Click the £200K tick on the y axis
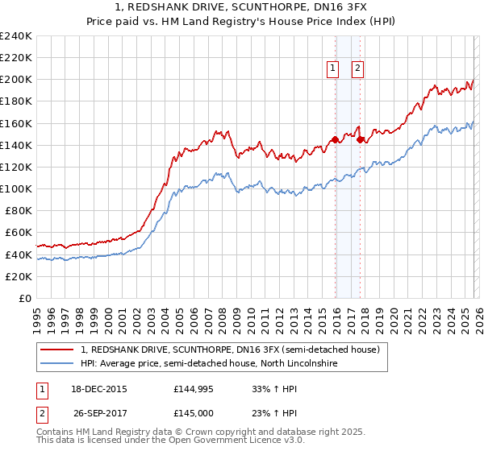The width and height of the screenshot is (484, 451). (16, 80)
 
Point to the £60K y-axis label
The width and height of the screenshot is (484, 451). (19, 233)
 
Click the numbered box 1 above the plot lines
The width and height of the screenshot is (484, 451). (332, 69)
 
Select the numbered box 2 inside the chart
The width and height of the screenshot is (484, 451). (357, 69)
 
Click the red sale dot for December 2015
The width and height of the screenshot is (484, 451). (336, 139)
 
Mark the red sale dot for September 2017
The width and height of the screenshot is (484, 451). (361, 139)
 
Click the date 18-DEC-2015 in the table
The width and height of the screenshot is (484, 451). (99, 389)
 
